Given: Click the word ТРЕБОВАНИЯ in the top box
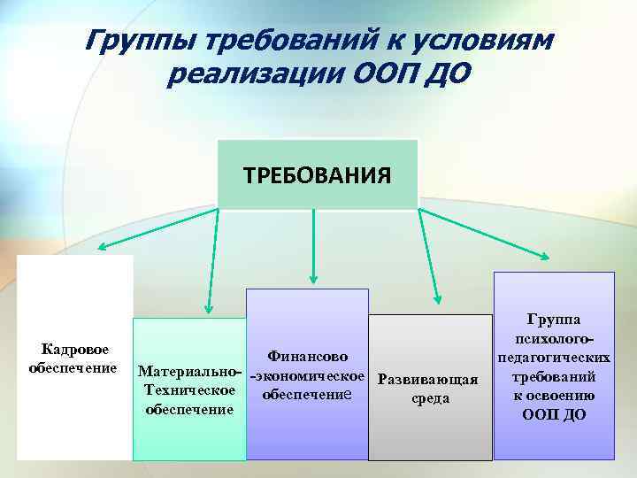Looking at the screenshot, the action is [317, 173].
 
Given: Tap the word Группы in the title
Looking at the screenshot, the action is [141, 42].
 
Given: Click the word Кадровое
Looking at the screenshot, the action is [75, 351].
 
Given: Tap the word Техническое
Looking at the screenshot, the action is [189, 389].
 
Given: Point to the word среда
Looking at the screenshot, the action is [431, 398].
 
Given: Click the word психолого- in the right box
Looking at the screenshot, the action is [553, 340].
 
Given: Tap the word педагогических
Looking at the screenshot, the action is [553, 358].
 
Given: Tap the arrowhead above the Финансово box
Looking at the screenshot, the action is [311, 280].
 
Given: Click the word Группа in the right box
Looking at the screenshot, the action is [553, 321].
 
